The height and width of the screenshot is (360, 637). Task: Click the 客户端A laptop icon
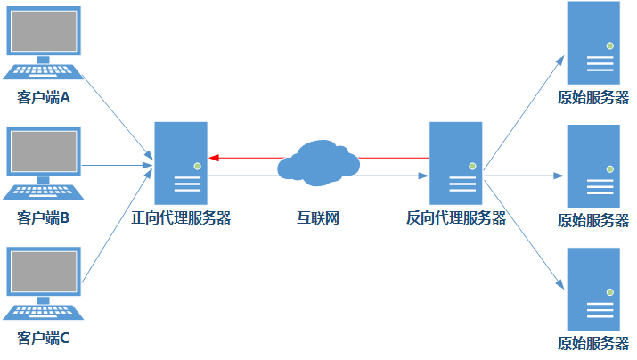(x=42, y=45)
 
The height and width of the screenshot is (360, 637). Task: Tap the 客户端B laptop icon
(x=42, y=165)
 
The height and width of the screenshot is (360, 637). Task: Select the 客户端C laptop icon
(x=42, y=285)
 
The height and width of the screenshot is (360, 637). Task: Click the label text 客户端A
(x=42, y=96)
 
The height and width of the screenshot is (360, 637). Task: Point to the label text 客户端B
(x=42, y=217)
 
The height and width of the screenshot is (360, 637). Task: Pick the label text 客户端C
(x=42, y=338)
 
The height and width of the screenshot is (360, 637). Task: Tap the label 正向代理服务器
(x=181, y=217)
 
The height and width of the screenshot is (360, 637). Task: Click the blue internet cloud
(x=318, y=161)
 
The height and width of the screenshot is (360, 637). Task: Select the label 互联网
(x=318, y=217)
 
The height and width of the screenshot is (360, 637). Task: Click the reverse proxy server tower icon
(x=456, y=161)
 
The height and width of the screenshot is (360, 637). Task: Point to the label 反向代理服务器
(x=456, y=217)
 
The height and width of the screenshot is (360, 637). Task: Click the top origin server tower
(x=592, y=43)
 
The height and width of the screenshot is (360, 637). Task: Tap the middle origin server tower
(x=592, y=165)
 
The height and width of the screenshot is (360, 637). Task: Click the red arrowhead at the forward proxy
(x=214, y=158)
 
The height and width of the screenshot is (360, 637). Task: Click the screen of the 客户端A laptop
(x=42, y=30)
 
